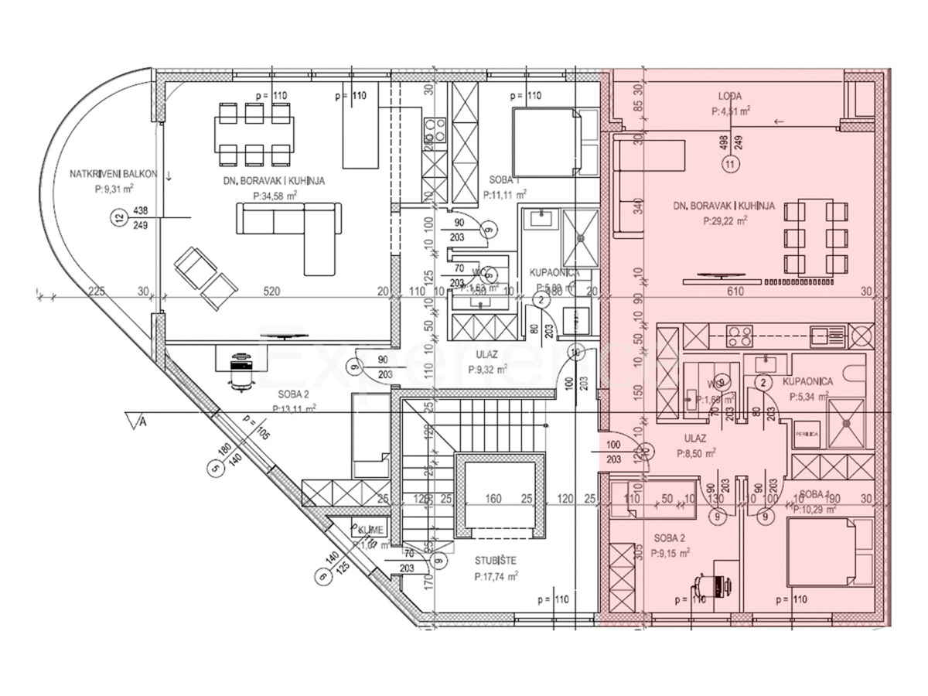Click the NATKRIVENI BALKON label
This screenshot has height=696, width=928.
pyautogui.click(x=113, y=174)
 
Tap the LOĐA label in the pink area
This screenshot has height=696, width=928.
pyautogui.click(x=730, y=97)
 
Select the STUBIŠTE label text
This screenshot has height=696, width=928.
pyautogui.click(x=496, y=560)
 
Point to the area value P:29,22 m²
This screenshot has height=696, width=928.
pyautogui.click(x=725, y=220)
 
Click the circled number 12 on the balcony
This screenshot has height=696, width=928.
pyautogui.click(x=118, y=218)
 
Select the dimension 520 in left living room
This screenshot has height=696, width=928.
pyautogui.click(x=271, y=292)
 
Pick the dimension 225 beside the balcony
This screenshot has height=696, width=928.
pyautogui.click(x=96, y=292)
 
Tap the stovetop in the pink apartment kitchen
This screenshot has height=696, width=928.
pyautogui.click(x=741, y=336)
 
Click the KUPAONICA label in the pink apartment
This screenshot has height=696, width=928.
pyautogui.click(x=807, y=382)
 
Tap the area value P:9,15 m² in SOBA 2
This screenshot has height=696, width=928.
pyautogui.click(x=670, y=554)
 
